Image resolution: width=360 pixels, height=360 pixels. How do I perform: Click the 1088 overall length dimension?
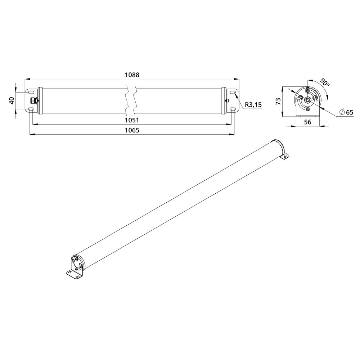click(x=132, y=75)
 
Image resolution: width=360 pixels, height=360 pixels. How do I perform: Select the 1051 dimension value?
click(x=132, y=120)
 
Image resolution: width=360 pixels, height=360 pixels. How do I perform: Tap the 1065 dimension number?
click(x=132, y=130)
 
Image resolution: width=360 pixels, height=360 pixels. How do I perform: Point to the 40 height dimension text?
click(x=12, y=100)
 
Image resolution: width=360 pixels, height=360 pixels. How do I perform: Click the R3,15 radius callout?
click(x=253, y=105)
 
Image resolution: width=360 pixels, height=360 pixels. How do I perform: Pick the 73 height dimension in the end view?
click(x=278, y=101)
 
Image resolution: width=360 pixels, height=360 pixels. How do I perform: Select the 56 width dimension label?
click(x=308, y=122)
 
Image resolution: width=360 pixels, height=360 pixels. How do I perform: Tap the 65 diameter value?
click(x=350, y=112)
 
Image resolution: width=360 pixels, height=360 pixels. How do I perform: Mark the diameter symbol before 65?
click(x=342, y=112)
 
